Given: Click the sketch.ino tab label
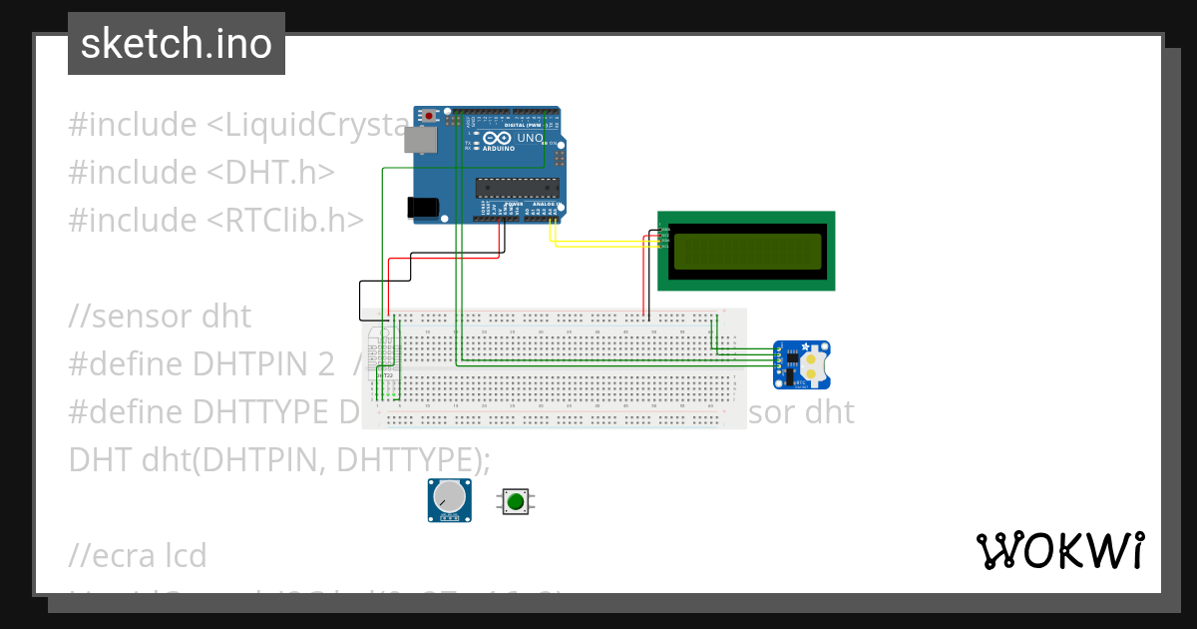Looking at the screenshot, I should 176,44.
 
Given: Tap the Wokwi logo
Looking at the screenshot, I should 1059,550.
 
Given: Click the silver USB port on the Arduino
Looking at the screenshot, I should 420,140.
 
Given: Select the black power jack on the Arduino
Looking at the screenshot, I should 423,207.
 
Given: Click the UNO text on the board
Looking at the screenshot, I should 530,138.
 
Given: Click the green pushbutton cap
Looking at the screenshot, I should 516,500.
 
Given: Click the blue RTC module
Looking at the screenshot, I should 803,364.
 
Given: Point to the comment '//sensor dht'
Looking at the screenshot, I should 160,316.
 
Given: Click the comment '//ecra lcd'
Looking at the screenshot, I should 138,555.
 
